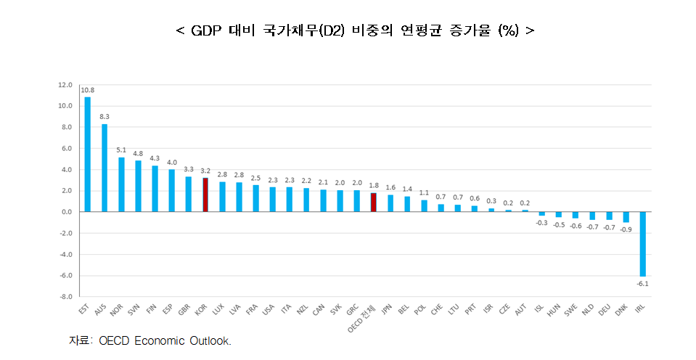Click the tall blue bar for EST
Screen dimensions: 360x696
pyautogui.click(x=88, y=155)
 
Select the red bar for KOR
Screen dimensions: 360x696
pyautogui.click(x=205, y=195)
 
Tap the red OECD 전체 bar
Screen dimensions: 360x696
pyautogui.click(x=373, y=202)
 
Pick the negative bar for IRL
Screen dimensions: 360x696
pyautogui.click(x=642, y=244)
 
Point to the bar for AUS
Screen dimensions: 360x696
pyautogui.click(x=105, y=168)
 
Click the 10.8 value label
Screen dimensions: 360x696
pyautogui.click(x=88, y=90)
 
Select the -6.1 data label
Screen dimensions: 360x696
pyautogui.click(x=642, y=284)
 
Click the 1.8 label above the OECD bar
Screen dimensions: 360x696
pyautogui.click(x=373, y=186)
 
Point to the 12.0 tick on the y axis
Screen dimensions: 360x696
pyautogui.click(x=65, y=85)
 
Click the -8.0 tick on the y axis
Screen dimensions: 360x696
pyautogui.click(x=65, y=297)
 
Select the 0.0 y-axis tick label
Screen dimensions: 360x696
pyautogui.click(x=67, y=212)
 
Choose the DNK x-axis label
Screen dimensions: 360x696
pyautogui.click(x=621, y=311)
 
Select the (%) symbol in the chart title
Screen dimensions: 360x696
pyautogui.click(x=508, y=30)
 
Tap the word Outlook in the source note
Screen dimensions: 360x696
pyautogui.click(x=210, y=340)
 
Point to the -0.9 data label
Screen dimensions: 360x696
pyautogui.click(x=625, y=229)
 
